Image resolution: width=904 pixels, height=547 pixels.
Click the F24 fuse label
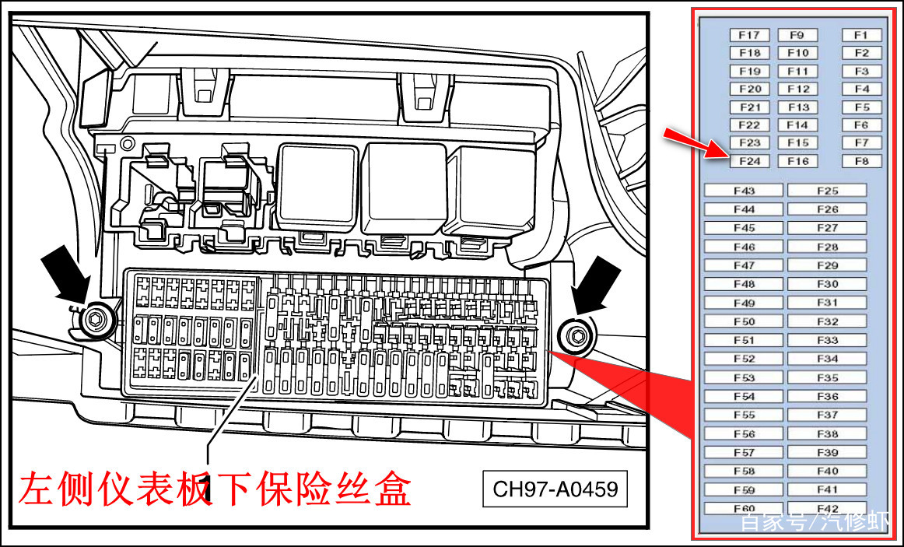tap(749, 161)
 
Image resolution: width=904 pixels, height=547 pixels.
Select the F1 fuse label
tap(861, 35)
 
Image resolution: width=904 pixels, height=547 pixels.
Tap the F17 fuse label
tap(749, 35)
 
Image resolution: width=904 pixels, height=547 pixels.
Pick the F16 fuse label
tap(797, 161)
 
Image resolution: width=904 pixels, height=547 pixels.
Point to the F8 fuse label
tap(861, 161)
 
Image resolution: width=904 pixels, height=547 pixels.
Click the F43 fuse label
tap(744, 191)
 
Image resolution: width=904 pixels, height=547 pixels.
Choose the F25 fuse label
tap(827, 191)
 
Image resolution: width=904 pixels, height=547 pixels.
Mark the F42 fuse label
tap(827, 509)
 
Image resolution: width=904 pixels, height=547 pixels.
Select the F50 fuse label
tap(744, 321)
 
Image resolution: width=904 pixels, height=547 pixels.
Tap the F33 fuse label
tap(827, 340)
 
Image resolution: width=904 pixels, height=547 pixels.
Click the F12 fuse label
tap(797, 89)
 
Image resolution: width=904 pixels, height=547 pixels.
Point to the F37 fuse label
tap(827, 415)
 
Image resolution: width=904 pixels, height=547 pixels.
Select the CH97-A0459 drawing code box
tap(555, 489)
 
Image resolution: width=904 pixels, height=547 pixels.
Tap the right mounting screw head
tap(576, 335)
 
